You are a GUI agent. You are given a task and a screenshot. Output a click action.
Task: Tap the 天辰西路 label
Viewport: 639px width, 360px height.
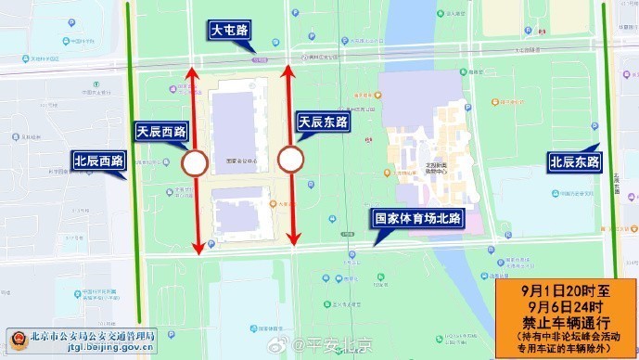161,131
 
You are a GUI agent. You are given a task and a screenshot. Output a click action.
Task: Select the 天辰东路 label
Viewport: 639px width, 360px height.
323,122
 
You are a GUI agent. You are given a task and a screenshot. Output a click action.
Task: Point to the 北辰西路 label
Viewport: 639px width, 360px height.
98,161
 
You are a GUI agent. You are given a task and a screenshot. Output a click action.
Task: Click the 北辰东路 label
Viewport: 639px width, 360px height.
575,161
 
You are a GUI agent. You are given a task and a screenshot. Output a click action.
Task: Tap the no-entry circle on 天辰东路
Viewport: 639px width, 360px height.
291,161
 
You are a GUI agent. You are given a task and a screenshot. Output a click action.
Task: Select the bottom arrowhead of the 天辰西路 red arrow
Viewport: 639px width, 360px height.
198,248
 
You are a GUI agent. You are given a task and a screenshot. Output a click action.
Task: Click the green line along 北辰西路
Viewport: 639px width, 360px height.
136,232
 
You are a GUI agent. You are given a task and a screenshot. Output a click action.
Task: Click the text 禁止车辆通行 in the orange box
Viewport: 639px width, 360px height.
564,322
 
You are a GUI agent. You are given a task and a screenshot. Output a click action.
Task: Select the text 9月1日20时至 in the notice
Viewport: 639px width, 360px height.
564,287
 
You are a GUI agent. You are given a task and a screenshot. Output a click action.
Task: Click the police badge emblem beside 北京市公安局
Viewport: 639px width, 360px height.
16,340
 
